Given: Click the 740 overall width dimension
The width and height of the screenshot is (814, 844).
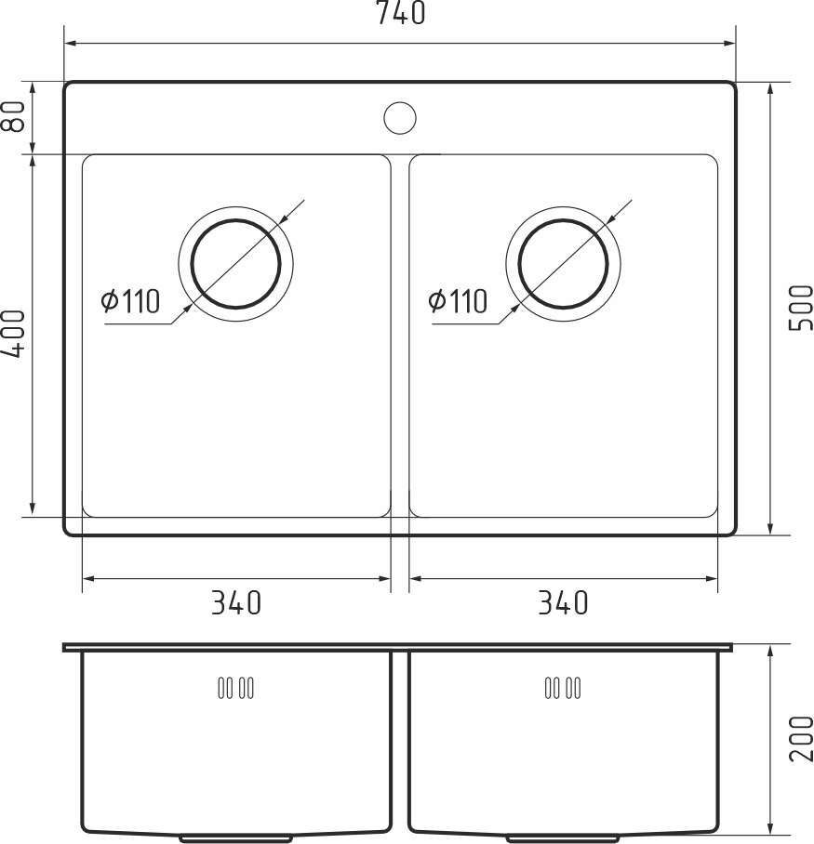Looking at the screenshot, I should tap(401, 13).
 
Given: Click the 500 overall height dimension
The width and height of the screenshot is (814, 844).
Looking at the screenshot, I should tap(799, 308).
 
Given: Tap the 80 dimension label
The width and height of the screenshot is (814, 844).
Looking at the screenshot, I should tap(13, 117).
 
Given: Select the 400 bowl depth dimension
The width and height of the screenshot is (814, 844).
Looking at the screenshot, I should tap(13, 335).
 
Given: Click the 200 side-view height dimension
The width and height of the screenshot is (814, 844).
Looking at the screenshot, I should tap(799, 738).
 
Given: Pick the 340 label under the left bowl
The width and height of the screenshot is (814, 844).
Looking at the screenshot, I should tap(235, 603).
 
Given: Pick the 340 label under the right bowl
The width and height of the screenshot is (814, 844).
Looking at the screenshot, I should tap(563, 603).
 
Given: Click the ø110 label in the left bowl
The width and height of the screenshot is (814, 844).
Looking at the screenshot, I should tap(131, 301).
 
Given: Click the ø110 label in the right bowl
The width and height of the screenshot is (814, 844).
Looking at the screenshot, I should tap(458, 301).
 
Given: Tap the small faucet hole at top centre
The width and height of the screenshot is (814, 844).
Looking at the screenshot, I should tap(400, 117).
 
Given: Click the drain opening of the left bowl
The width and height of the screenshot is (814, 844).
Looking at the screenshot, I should tap(235, 264).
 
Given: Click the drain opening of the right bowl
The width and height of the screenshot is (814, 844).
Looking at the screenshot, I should tap(563, 264).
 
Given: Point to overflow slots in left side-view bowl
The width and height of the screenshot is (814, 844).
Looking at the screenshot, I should tap(235, 689).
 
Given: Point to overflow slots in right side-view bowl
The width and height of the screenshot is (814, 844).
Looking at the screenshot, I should tap(562, 689).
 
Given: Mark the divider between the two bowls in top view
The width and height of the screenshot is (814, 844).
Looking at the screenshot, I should tap(400, 335).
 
